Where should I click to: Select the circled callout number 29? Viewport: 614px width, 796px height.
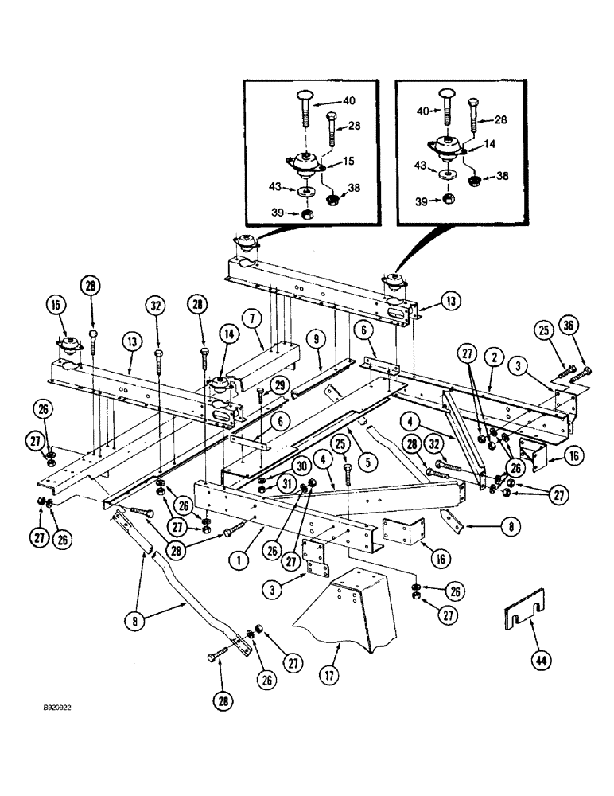pos(278,384)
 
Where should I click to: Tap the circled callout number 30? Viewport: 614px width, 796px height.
pos(278,466)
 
